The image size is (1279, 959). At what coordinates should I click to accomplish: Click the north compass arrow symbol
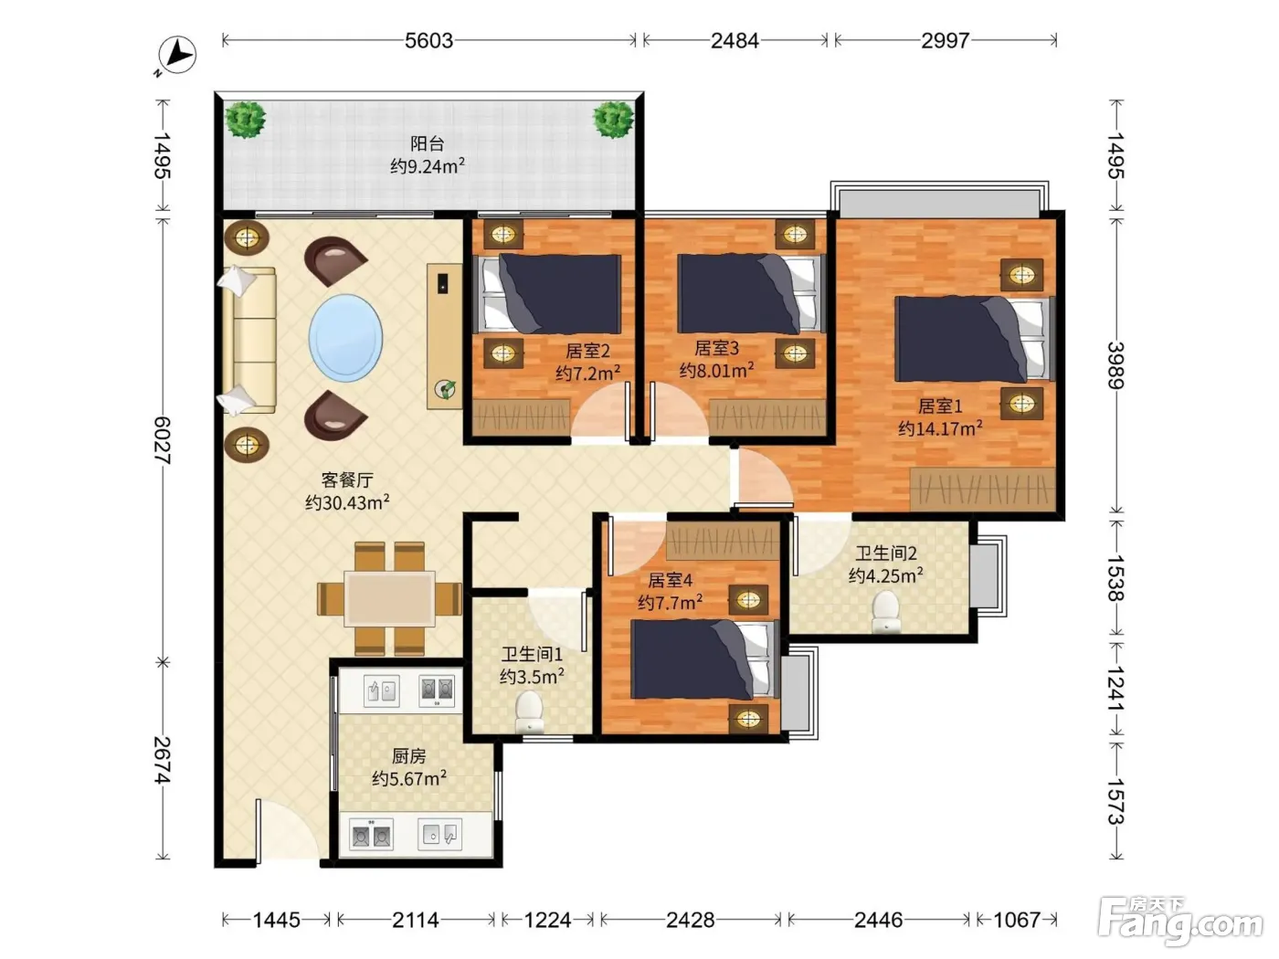[x=177, y=56]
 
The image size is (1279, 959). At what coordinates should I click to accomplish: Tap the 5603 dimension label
[x=428, y=41]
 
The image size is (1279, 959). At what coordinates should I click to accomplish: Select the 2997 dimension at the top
[x=946, y=41]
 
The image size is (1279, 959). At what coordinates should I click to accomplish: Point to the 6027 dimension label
[x=163, y=440]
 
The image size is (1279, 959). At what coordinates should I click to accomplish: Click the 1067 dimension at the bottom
[x=1017, y=920]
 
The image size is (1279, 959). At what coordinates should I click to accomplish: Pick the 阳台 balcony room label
[x=428, y=143]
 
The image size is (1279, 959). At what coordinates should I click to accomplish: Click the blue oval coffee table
[x=345, y=338]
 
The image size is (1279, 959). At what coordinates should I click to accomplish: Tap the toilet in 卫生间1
[x=529, y=711]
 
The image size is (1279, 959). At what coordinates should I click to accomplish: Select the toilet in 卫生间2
[x=885, y=611]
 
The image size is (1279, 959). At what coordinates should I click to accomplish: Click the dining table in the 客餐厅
[x=390, y=598]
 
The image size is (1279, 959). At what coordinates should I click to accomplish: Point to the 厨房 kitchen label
[x=408, y=756]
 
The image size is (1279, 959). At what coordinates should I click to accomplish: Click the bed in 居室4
[x=705, y=659]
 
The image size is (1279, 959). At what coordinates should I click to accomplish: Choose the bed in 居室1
[x=975, y=339]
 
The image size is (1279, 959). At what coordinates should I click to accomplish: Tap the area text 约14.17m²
[x=940, y=428]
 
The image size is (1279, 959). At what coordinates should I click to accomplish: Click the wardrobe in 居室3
[x=768, y=416]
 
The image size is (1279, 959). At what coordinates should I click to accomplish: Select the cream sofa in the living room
[x=249, y=341]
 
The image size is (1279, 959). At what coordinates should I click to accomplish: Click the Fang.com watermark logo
[x=1180, y=924]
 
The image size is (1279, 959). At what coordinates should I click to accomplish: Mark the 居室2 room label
[x=587, y=351]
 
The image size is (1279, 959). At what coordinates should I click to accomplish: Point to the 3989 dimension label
[x=1115, y=365]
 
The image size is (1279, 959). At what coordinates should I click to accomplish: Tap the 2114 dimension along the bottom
[x=415, y=920]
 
